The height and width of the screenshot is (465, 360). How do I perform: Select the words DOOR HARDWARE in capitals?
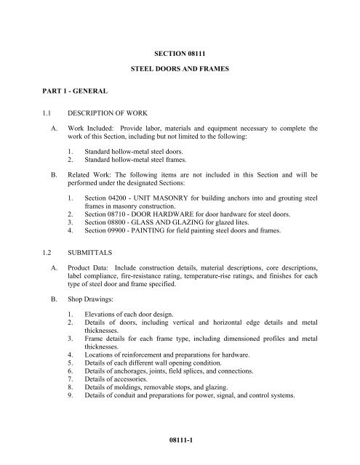pyautogui.click(x=167, y=219)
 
